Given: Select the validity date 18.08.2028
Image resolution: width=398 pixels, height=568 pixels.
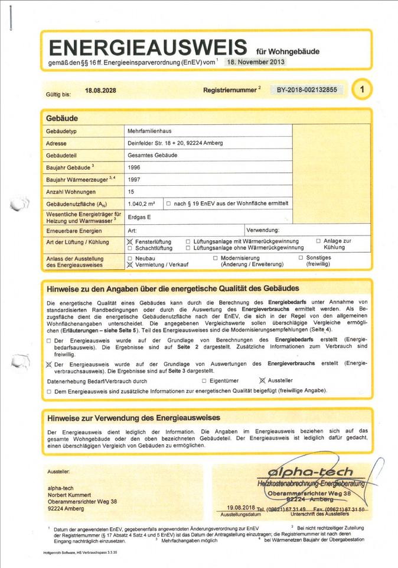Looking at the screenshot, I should pos(100,91).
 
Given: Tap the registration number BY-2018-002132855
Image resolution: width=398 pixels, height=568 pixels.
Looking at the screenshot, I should pos(307,90).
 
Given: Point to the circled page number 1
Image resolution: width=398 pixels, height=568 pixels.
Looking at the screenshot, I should pos(361,90).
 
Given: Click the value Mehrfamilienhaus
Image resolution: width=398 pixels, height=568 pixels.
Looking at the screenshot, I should pos(149,131).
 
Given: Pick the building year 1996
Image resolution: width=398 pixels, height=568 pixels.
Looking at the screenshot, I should pos(134,167).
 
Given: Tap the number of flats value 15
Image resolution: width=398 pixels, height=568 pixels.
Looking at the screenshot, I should pos(131,192).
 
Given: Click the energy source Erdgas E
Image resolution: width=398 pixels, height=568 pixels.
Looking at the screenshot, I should pos(139,217).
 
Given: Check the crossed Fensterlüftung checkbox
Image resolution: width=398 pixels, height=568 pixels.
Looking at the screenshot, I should pos(130,242).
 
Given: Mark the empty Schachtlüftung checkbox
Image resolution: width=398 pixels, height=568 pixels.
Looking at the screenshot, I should pos(130,248).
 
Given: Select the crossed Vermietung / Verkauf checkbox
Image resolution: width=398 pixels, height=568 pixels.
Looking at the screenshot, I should pos(130,265).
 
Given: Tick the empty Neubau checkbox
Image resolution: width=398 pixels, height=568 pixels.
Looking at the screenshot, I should pos(130,259).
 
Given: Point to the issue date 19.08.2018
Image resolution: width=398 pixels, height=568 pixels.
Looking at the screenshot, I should pos(240,507).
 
